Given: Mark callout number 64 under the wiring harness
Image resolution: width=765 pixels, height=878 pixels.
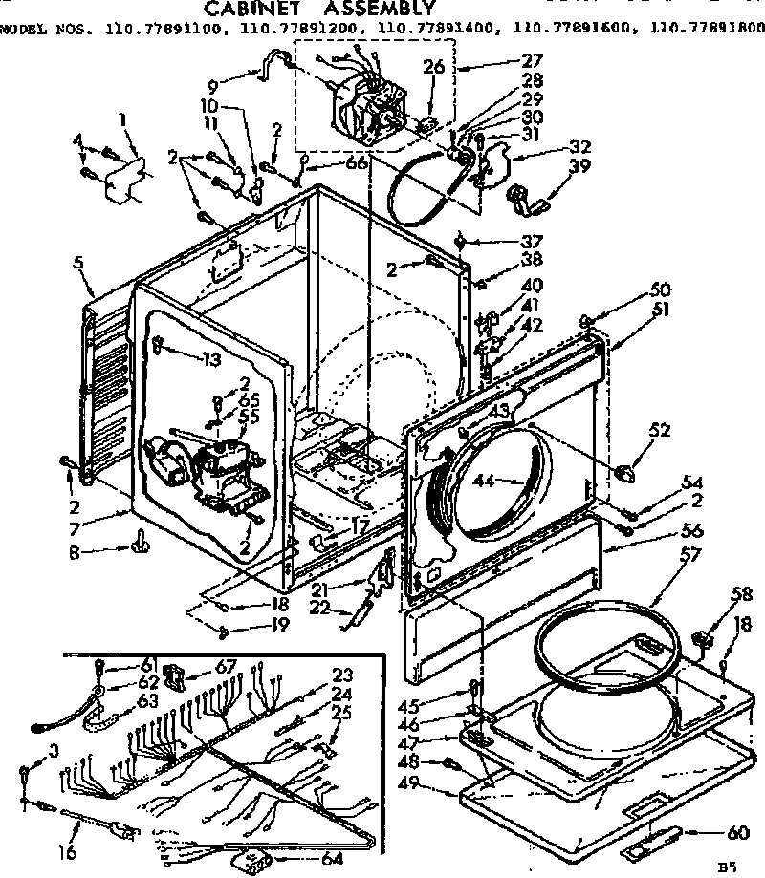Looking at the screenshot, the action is pos(304,859).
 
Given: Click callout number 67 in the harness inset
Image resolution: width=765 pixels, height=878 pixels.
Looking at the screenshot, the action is pos(227,666).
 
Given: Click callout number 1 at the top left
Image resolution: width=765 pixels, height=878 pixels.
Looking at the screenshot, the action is pos(121,119).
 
